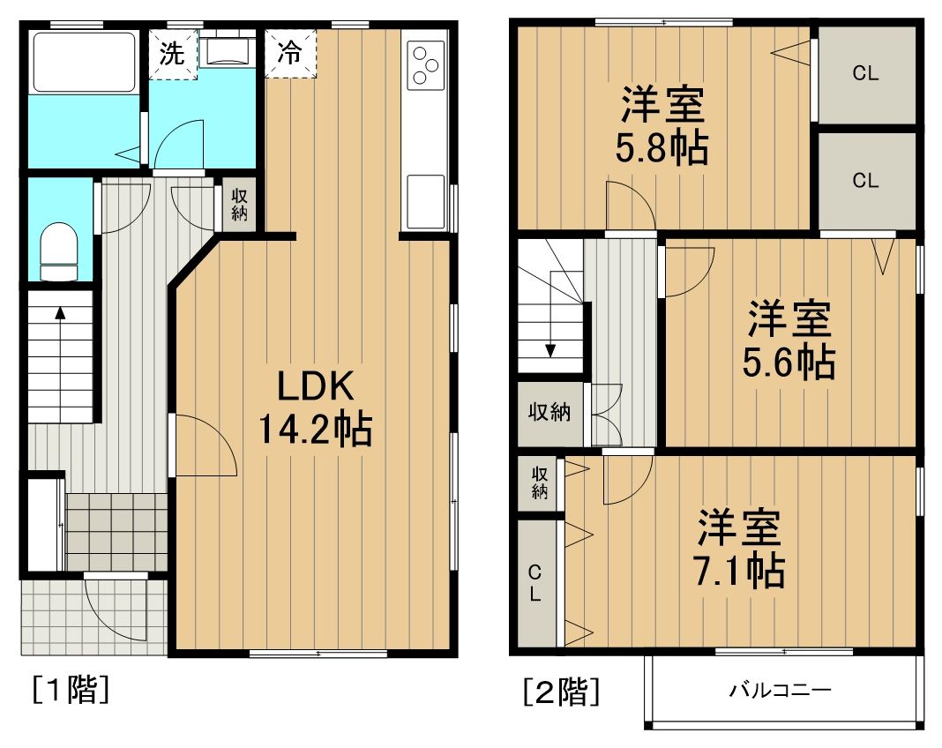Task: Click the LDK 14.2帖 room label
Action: click(x=315, y=408)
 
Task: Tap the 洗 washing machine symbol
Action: click(x=171, y=54)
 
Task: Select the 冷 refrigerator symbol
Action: click(x=289, y=54)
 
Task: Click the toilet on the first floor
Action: click(x=60, y=250)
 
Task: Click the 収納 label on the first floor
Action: click(x=239, y=205)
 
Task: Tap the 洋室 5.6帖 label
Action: click(x=791, y=340)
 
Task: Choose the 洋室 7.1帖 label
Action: click(x=740, y=549)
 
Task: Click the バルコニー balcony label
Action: click(x=779, y=690)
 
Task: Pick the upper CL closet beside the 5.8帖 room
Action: click(x=865, y=74)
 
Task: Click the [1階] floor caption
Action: click(x=70, y=689)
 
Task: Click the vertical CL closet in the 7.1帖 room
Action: click(x=535, y=583)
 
